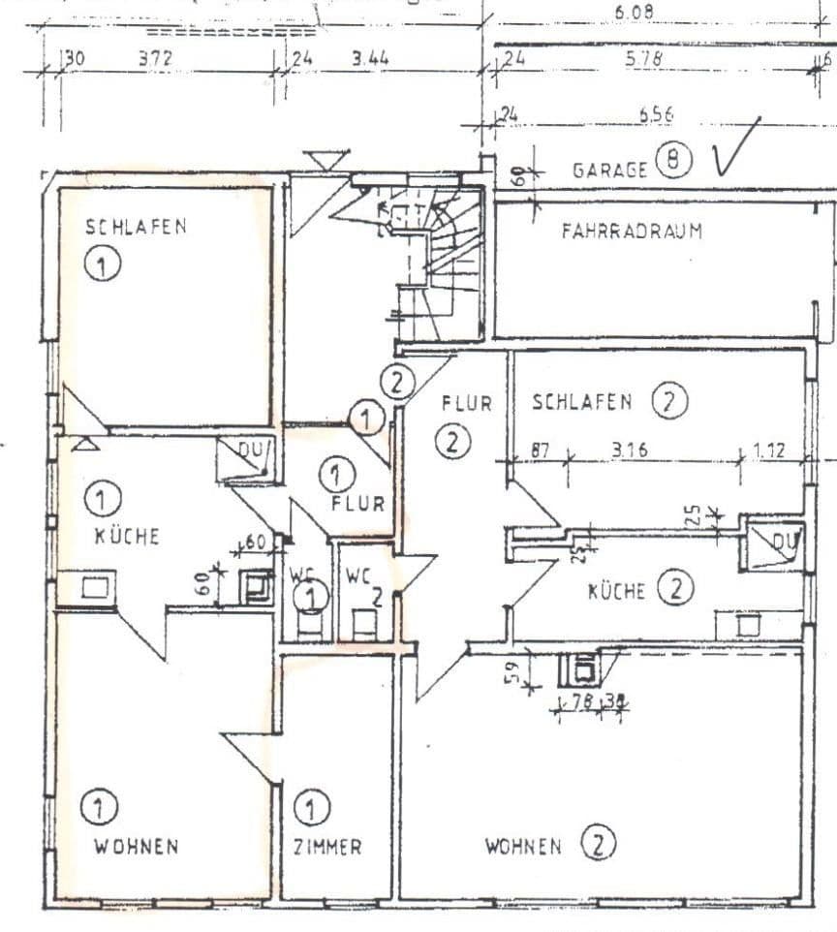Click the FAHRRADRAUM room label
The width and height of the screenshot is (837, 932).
point(631,232)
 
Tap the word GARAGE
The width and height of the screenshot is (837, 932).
point(610,170)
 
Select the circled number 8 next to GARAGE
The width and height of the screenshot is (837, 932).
point(672,162)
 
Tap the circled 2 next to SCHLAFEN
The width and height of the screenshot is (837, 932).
point(668,401)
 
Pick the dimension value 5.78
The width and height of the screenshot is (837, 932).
point(642,59)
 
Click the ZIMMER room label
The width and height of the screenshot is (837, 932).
point(327,847)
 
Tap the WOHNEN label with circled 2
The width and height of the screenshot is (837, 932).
point(523,847)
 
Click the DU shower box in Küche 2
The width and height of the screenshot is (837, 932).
point(772,547)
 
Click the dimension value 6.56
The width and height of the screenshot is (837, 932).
point(656,114)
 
